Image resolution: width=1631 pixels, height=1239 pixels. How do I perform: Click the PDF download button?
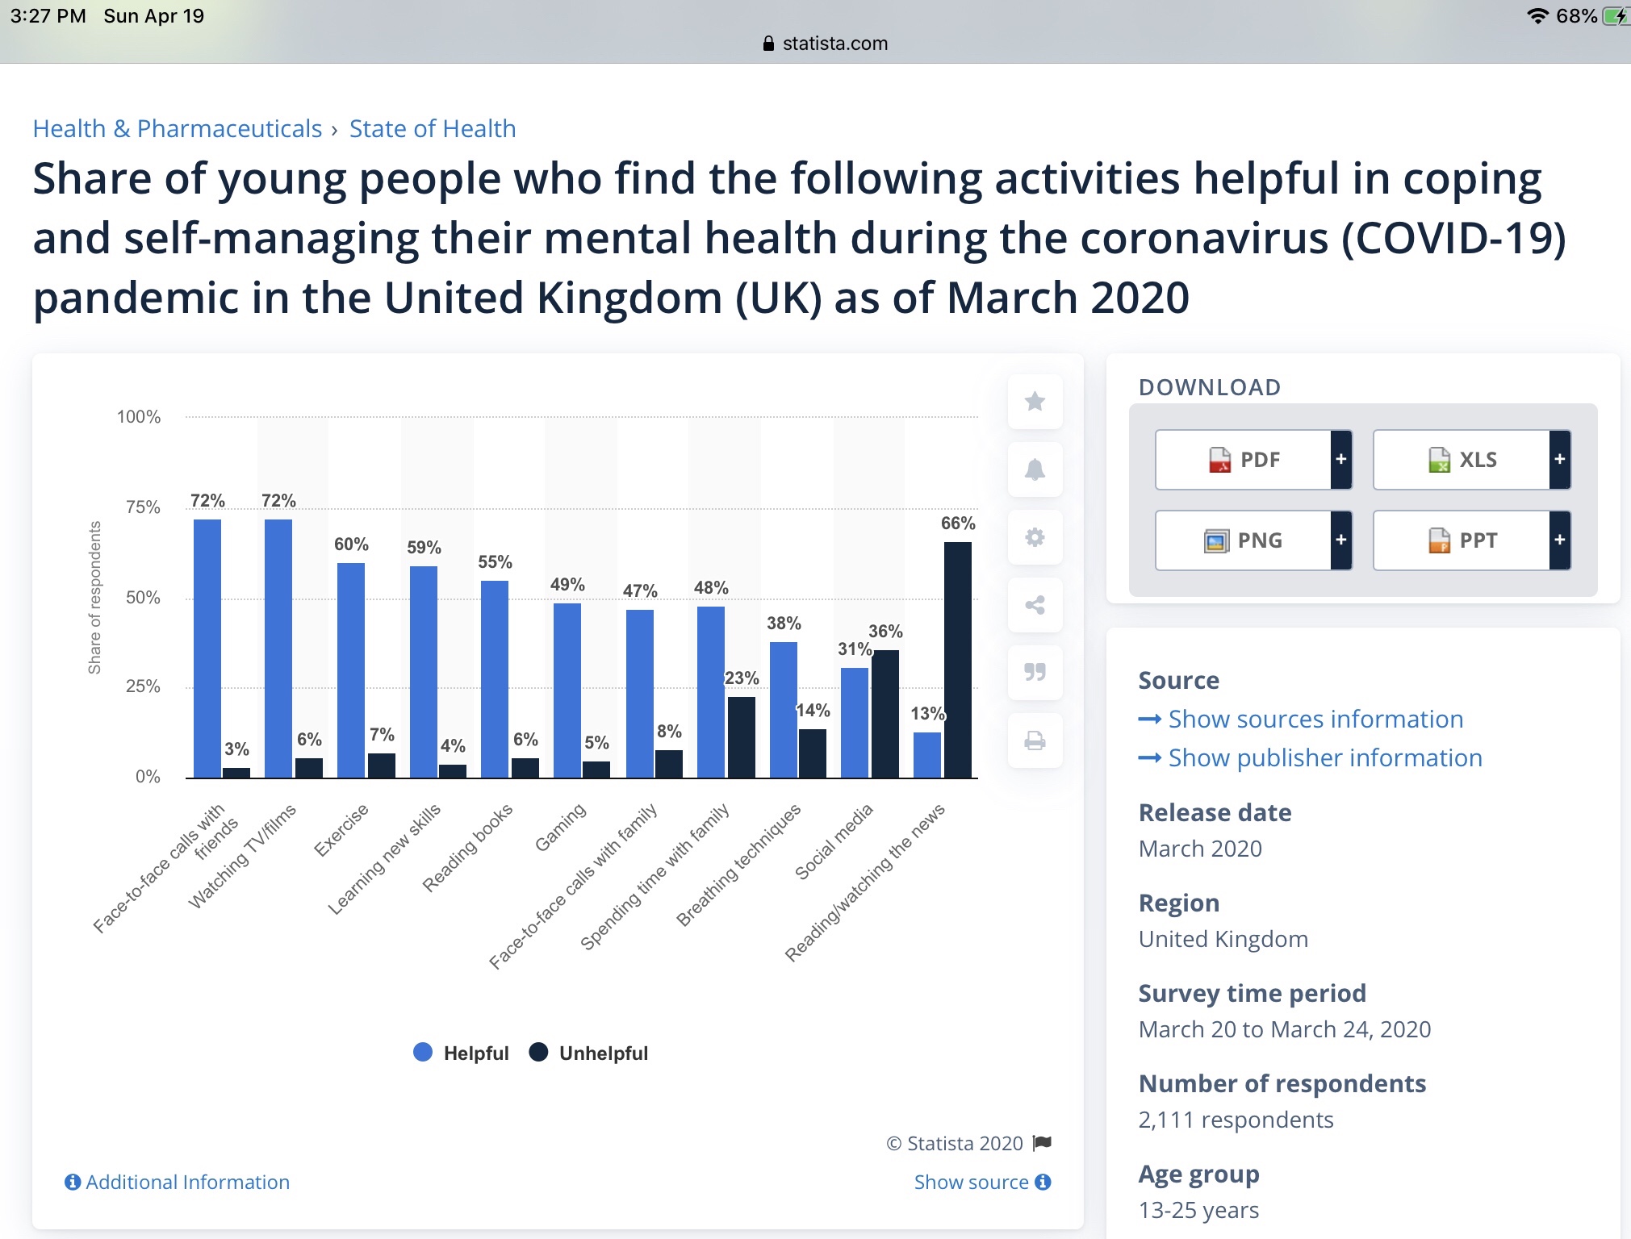pos(1244,460)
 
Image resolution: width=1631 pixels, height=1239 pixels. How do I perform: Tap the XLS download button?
pos(1462,460)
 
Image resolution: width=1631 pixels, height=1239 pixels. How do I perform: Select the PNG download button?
pos(1244,540)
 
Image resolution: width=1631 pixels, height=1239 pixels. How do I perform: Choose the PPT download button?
pos(1462,540)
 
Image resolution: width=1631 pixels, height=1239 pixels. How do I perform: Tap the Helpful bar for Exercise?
pos(351,670)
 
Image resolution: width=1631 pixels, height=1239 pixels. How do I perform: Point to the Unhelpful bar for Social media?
pos(885,714)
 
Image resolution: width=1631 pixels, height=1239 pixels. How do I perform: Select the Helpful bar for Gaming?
pos(567,690)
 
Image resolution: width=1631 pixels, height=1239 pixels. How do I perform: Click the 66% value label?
pos(958,524)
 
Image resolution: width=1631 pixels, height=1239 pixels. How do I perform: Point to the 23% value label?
pos(742,678)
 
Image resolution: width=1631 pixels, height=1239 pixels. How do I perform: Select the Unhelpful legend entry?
pos(589,1053)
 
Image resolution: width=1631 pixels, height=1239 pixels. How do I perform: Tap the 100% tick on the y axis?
pos(139,417)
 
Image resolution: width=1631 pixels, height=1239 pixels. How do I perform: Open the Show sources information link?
pos(1315,719)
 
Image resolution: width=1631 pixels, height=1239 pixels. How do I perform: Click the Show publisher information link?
pos(1324,757)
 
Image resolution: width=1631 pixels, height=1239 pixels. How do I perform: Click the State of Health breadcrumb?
pos(433,129)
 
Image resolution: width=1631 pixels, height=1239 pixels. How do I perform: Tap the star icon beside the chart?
pos(1035,402)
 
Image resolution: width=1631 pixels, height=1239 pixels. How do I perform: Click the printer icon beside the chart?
pos(1035,740)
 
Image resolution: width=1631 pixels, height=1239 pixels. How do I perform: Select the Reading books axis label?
pos(468,848)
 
